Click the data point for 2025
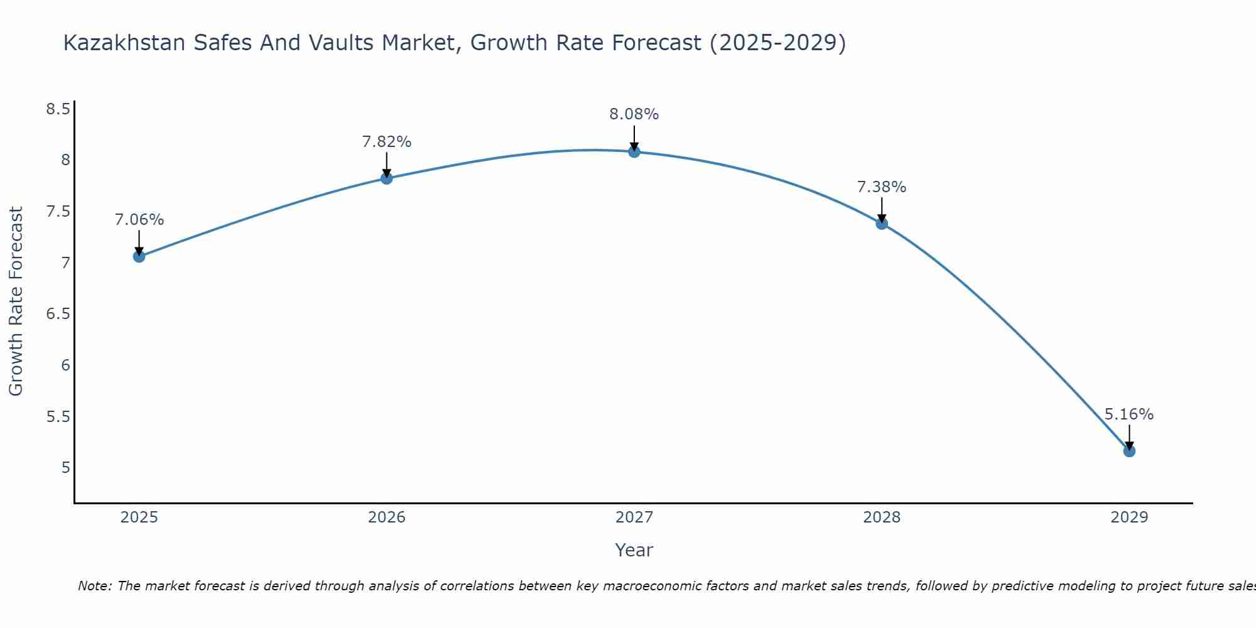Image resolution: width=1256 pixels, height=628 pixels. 139,256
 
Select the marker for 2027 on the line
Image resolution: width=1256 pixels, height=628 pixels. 634,151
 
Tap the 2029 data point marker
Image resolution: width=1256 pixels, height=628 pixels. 1129,451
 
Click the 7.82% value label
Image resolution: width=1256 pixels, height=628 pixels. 386,142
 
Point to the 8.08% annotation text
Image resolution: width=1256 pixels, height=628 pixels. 634,114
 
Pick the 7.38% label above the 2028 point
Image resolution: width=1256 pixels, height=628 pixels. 881,187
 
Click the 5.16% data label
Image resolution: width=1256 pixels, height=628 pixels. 1129,414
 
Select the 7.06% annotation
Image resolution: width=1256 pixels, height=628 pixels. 139,220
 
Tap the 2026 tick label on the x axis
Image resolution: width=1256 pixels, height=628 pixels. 386,517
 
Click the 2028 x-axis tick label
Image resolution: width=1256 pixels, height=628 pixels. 881,517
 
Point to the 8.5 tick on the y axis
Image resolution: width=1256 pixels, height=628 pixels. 58,109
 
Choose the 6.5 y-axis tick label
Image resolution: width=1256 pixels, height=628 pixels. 58,314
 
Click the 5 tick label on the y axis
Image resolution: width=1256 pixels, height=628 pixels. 65,468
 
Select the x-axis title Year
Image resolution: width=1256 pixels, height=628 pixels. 634,550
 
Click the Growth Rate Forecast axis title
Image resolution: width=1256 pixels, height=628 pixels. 16,301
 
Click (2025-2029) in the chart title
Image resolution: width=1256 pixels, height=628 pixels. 777,43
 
